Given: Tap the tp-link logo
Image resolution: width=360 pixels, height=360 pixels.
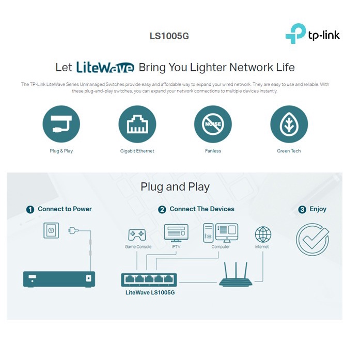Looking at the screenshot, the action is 312,35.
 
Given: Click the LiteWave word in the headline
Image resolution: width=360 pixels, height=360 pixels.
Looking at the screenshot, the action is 105,67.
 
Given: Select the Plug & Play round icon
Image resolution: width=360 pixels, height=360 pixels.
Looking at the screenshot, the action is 61,124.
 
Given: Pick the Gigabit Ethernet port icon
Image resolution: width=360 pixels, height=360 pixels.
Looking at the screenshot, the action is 137,124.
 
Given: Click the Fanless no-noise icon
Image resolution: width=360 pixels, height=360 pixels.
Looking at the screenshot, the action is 213,124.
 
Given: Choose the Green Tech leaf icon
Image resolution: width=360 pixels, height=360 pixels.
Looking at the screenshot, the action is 289,124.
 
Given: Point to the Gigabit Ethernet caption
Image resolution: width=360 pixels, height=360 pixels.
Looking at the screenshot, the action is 137,151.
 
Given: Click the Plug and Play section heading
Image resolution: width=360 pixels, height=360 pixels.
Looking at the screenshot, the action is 175,186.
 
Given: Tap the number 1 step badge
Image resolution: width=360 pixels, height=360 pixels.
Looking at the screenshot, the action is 30,209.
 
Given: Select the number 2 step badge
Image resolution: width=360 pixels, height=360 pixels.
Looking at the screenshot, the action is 162,209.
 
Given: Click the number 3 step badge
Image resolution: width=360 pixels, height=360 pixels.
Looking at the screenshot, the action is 303,209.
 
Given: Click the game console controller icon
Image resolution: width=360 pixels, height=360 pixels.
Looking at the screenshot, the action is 137,235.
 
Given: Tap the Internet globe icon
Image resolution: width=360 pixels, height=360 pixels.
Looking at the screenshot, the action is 263,234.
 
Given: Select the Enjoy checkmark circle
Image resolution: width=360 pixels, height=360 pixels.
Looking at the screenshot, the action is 312,239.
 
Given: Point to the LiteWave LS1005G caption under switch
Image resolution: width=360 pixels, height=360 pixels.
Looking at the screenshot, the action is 150,293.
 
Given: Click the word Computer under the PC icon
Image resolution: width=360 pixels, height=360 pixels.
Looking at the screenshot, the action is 221,247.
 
